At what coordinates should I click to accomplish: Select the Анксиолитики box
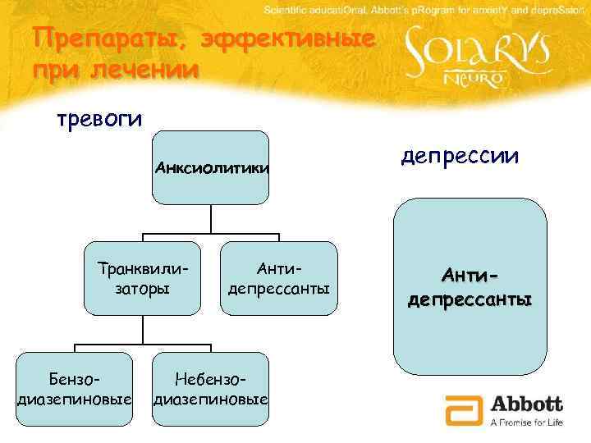(210, 167)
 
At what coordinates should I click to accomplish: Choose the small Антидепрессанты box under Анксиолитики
(279, 278)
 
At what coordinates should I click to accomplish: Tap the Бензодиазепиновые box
(75, 389)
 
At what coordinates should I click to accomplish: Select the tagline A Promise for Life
(526, 422)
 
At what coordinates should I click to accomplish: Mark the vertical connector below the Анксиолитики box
(211, 217)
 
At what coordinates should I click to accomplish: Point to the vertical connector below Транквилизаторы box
(143, 328)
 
